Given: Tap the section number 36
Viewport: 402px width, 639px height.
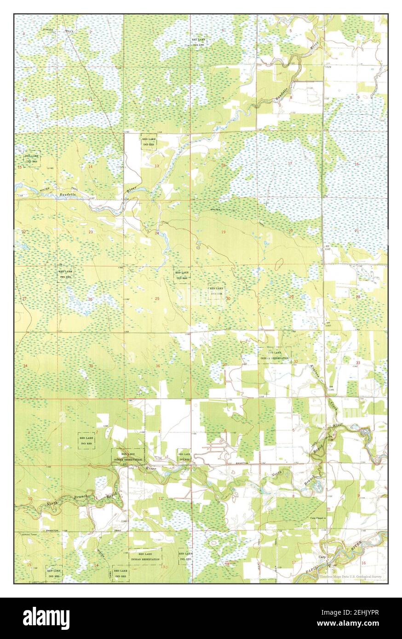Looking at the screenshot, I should point(158,366).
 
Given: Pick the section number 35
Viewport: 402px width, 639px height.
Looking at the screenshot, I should point(91,366).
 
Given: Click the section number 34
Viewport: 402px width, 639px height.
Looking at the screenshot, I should point(25,366).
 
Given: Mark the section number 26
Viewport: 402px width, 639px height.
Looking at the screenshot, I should point(90,300).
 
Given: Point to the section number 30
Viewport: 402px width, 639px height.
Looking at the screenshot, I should point(228,299).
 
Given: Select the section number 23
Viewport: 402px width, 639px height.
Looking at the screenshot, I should point(91,232).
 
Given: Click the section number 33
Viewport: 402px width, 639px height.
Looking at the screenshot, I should point(358,363).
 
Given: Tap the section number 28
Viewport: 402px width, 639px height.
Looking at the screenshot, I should point(358,297).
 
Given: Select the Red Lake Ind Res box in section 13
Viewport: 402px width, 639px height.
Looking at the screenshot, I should point(149,142).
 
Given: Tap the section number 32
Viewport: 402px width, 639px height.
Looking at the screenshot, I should point(296,362).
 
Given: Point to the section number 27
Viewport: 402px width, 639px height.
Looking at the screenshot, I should point(24,299).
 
